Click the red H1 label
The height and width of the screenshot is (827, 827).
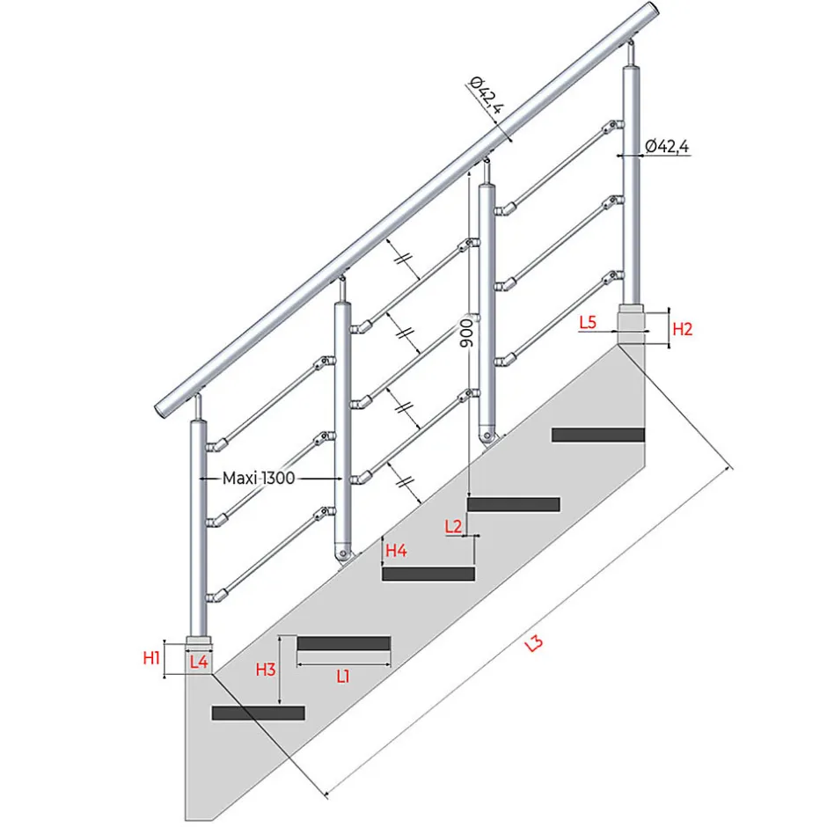(x=151, y=657)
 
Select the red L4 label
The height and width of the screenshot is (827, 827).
(x=199, y=662)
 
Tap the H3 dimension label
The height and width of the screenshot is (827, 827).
(x=265, y=670)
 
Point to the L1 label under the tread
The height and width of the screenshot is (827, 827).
(x=343, y=676)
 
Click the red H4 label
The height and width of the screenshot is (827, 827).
(x=396, y=551)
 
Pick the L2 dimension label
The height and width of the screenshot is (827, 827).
(x=454, y=526)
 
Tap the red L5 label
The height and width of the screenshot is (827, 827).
(x=589, y=323)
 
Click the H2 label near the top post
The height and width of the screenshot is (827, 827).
(x=683, y=329)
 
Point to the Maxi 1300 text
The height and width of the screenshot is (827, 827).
(x=258, y=478)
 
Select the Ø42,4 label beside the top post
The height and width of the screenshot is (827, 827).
(x=667, y=146)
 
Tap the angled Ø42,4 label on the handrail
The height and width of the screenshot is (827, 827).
(x=487, y=96)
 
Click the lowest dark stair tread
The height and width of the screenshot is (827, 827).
(x=258, y=713)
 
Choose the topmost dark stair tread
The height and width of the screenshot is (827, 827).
(x=598, y=434)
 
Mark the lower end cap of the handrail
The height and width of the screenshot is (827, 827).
(x=165, y=407)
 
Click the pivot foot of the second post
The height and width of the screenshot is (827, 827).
(x=342, y=553)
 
